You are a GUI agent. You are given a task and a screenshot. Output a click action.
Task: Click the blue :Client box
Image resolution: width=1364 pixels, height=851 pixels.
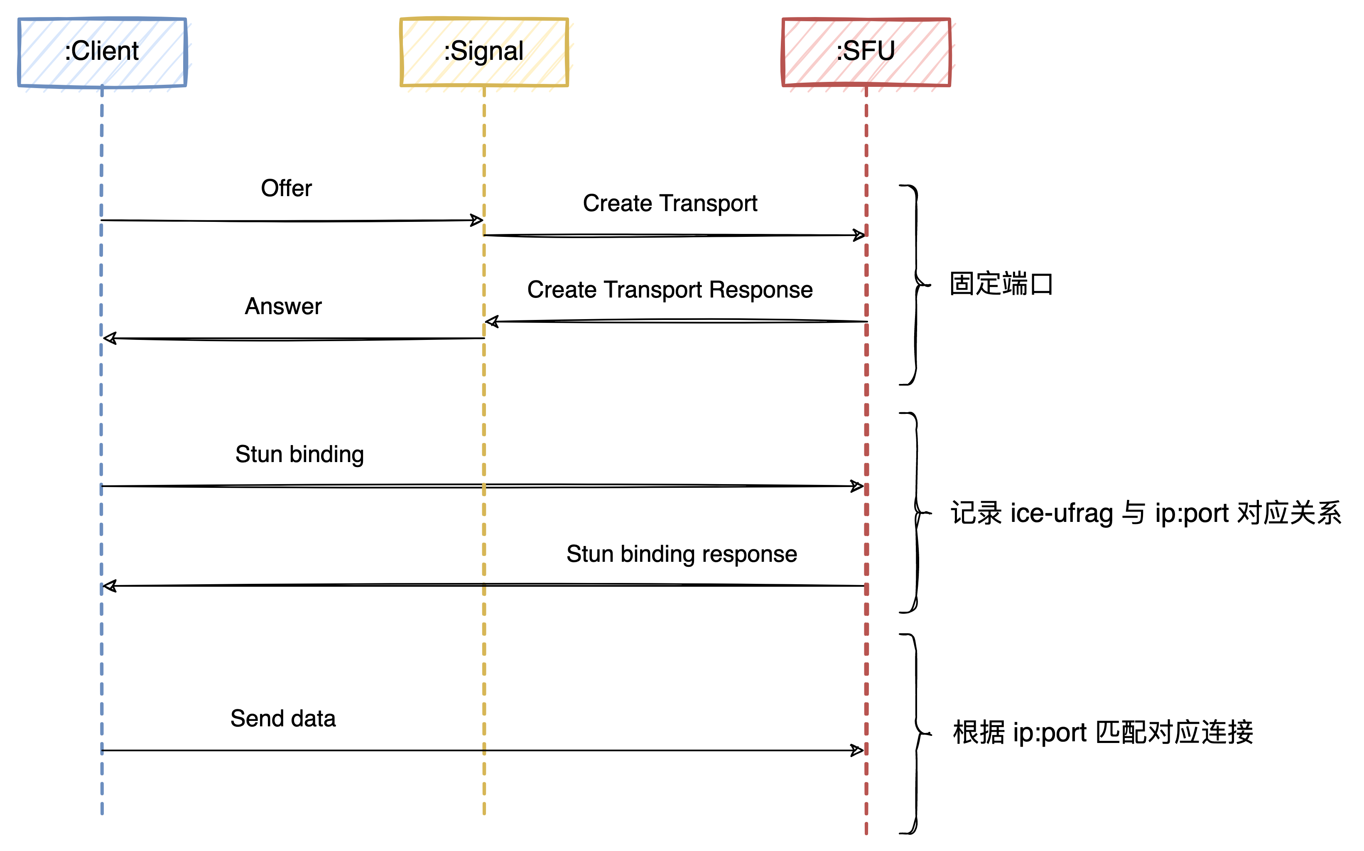click(x=102, y=52)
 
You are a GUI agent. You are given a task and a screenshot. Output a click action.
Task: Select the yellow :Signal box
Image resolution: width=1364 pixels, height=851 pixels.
click(x=484, y=52)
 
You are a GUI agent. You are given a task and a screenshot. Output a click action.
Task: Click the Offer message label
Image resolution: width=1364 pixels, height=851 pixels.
click(x=286, y=188)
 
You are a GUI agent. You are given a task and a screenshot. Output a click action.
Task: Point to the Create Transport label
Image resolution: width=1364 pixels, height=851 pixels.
click(x=670, y=203)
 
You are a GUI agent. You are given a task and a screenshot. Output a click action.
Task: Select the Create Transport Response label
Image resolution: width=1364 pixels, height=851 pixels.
click(x=670, y=290)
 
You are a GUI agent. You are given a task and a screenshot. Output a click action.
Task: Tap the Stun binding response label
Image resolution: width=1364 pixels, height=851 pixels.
click(x=681, y=554)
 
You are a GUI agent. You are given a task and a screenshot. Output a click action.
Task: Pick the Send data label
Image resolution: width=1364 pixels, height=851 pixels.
click(x=283, y=719)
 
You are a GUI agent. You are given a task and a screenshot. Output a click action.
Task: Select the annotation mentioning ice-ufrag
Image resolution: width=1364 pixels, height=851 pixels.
click(x=1145, y=513)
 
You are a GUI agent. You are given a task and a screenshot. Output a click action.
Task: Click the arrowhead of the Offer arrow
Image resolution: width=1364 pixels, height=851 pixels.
click(x=476, y=220)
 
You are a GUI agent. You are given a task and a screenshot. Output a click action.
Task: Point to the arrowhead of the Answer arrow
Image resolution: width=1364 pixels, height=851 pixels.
click(x=110, y=338)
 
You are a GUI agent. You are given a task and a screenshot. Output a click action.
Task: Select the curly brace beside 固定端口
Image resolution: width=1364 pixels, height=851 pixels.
click(x=916, y=285)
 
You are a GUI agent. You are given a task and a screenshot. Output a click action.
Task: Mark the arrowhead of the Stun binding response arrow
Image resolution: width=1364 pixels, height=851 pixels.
click(x=110, y=586)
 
